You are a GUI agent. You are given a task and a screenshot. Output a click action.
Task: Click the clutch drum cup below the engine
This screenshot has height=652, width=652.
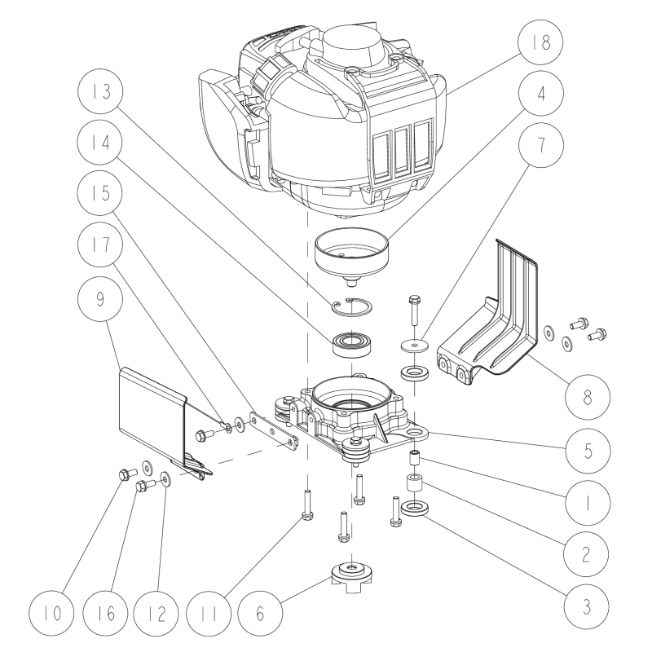[351, 249]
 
